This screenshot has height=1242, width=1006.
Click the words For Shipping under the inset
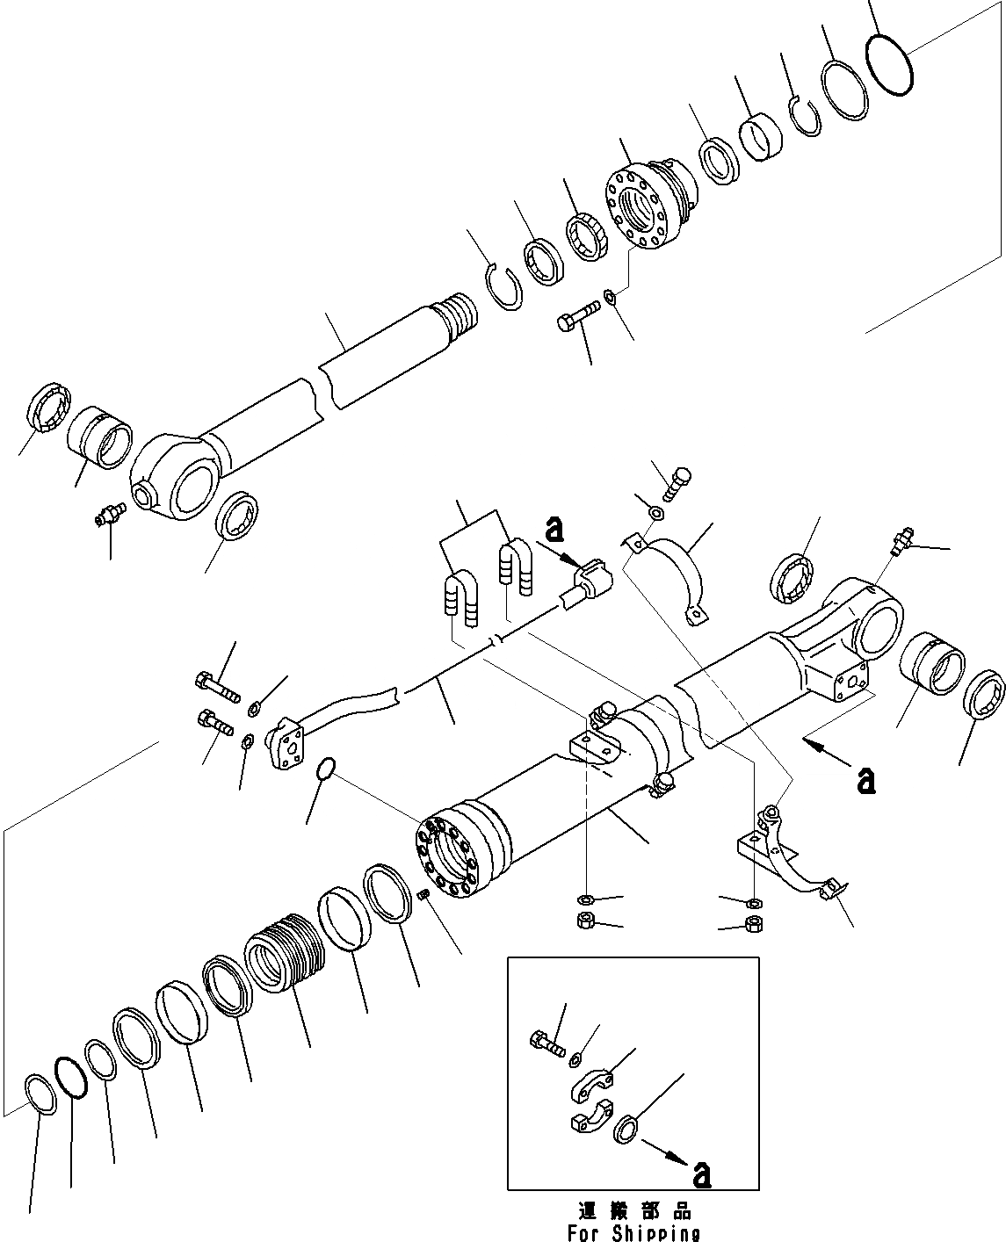click(633, 1232)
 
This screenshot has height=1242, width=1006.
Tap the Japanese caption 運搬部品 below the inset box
click(633, 1211)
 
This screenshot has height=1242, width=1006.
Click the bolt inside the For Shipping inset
click(548, 1043)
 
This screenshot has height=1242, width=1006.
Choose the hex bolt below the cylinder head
click(577, 316)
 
